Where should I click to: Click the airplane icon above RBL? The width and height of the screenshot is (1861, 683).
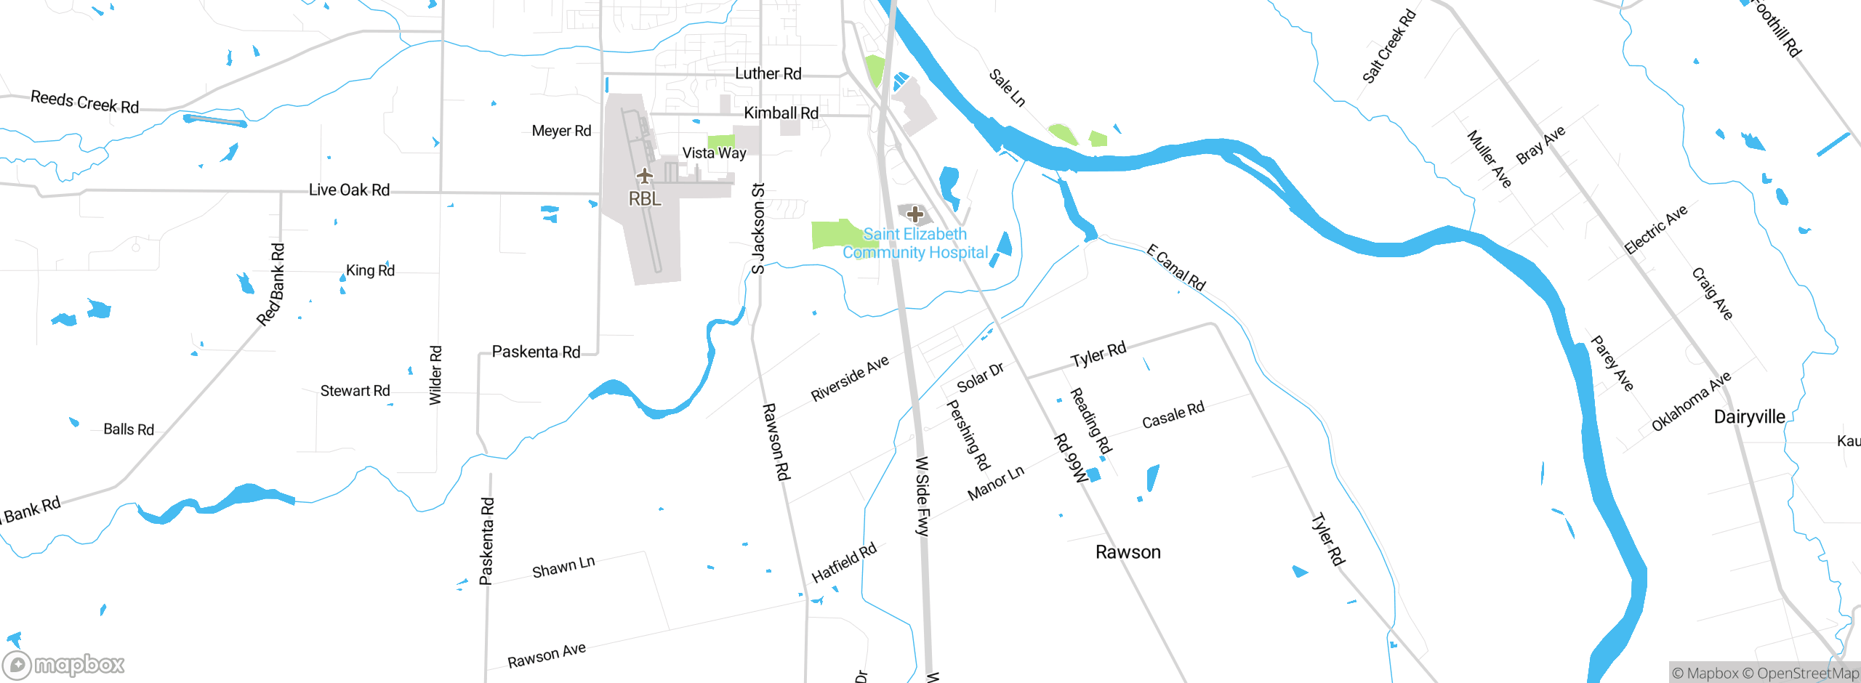[x=644, y=176]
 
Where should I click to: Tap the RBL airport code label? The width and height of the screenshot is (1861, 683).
[x=645, y=199]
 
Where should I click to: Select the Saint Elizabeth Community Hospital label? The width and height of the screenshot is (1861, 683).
[x=915, y=243]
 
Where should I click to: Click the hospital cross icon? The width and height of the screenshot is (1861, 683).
[x=915, y=214]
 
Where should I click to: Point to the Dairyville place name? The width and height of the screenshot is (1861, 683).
[x=1749, y=417]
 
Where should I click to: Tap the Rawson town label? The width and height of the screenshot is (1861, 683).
[x=1128, y=552]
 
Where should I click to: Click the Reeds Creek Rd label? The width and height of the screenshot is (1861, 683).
[x=84, y=102]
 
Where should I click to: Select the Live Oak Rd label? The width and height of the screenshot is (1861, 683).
[x=349, y=190]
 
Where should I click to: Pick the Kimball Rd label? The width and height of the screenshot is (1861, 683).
[x=781, y=113]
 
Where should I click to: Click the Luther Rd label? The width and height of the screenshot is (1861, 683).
[x=768, y=73]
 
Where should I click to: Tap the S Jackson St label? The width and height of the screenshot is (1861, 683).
[x=758, y=229]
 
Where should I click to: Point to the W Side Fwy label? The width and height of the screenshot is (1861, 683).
[x=923, y=496]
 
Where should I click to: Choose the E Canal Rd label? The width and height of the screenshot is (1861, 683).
[x=1175, y=267]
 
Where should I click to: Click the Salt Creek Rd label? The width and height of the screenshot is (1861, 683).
[x=1388, y=47]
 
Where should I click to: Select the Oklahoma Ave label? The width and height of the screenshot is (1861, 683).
[x=1691, y=402]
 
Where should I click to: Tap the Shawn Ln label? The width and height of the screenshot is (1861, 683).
[x=563, y=567]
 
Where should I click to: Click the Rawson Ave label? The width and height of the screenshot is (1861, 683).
[x=547, y=655]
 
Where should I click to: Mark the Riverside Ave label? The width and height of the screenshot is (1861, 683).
[x=850, y=379]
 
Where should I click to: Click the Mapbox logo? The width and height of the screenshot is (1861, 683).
[x=64, y=664]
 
